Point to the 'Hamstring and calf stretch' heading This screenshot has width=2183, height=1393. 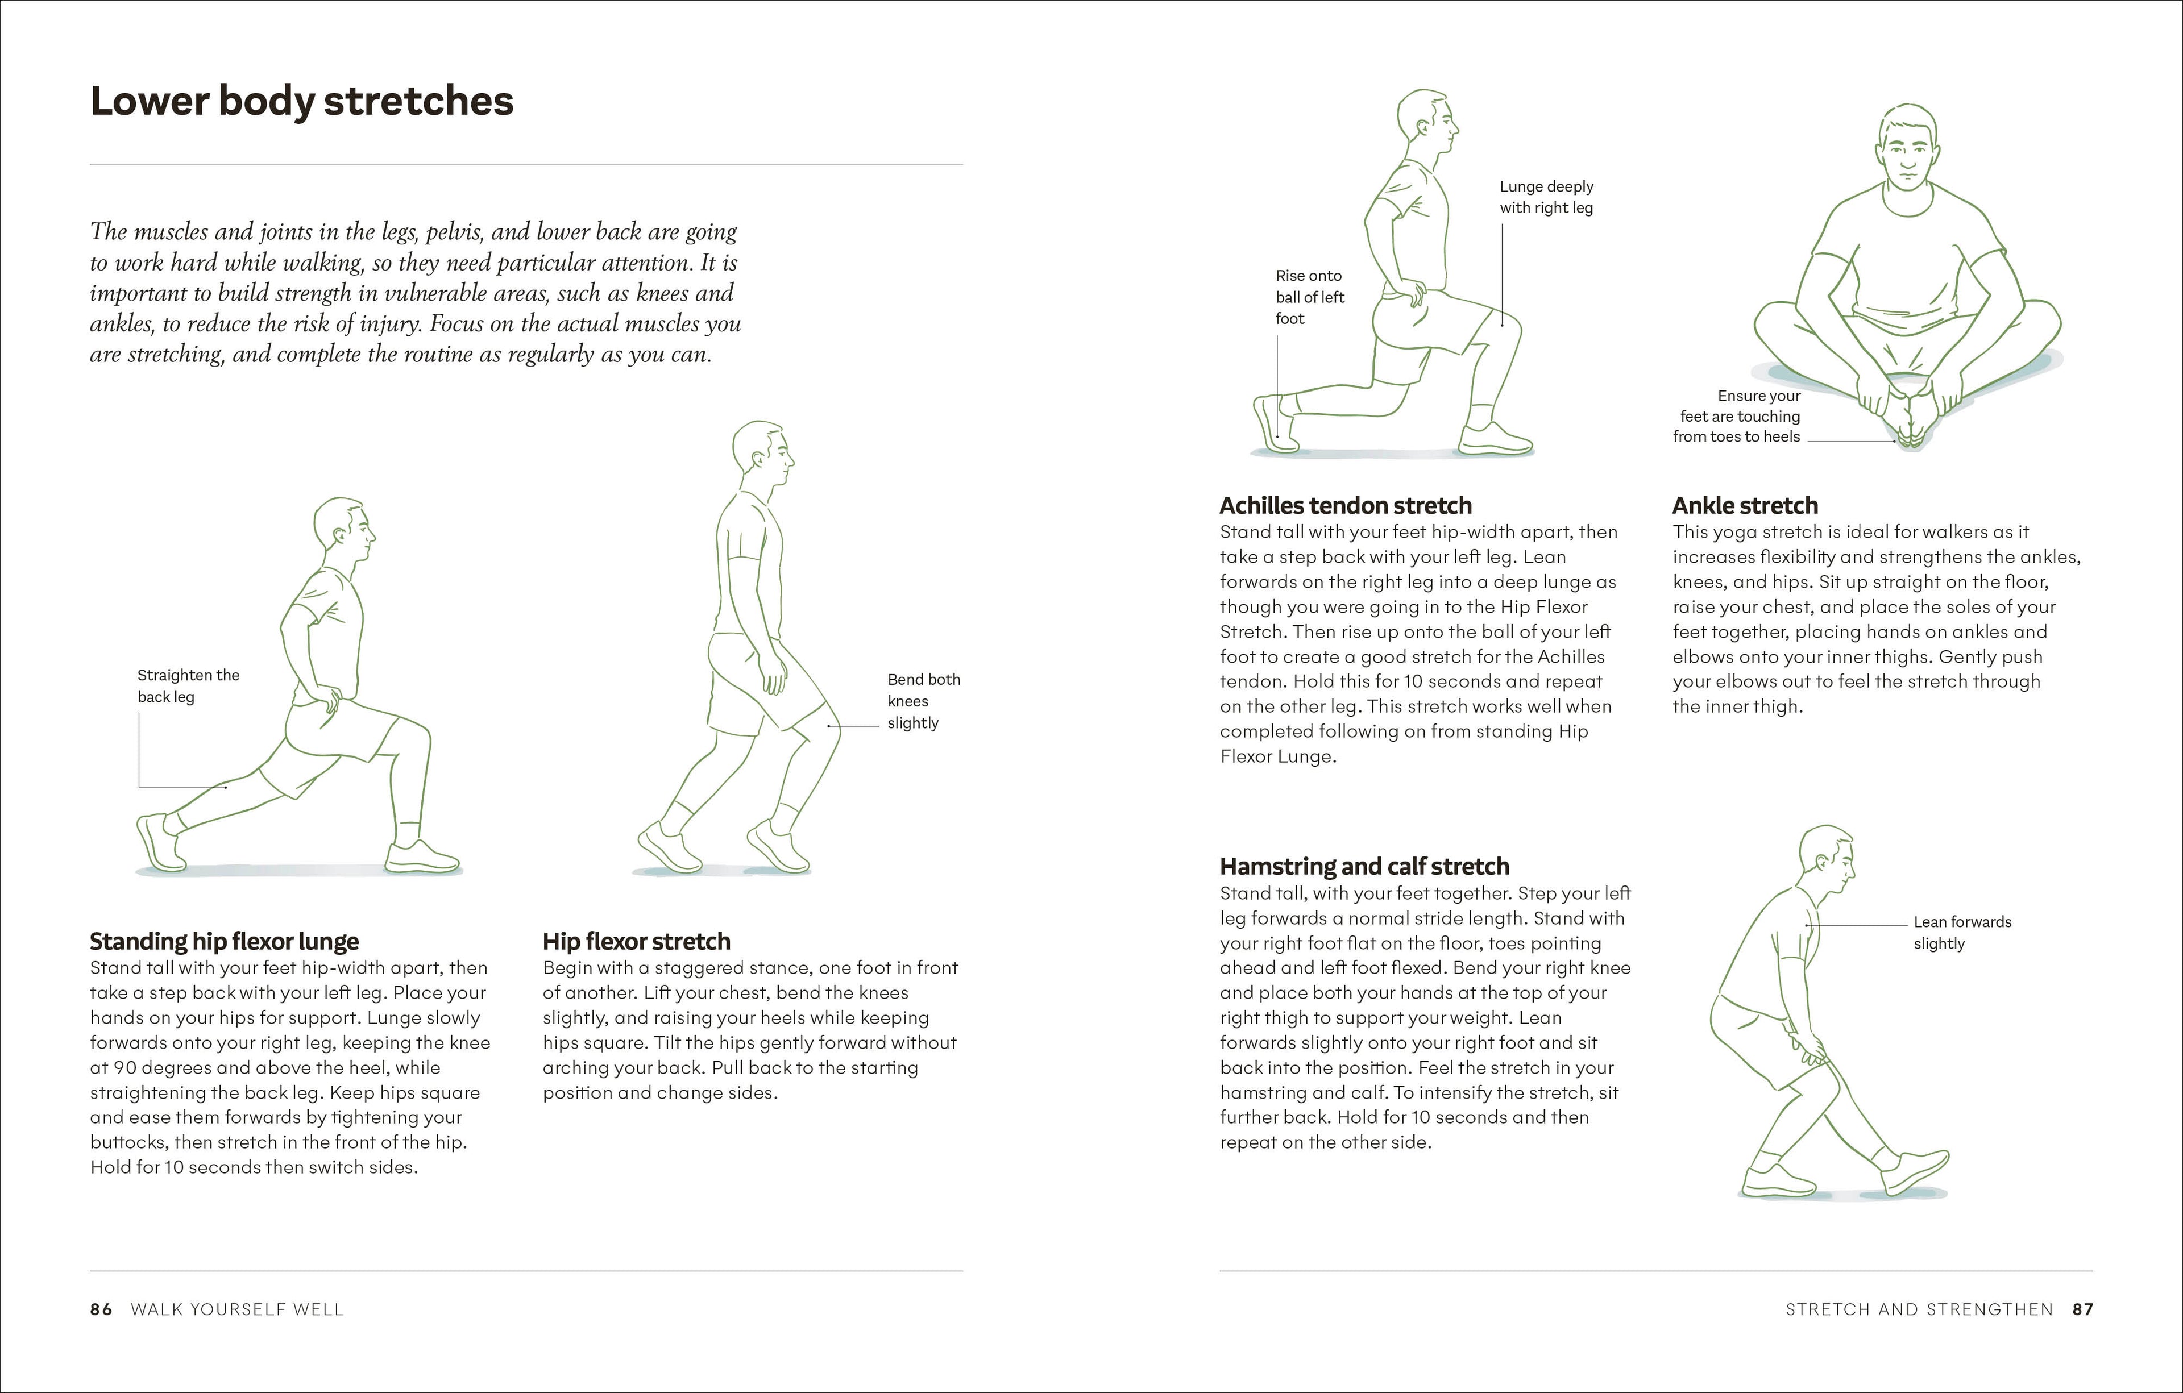tap(1364, 866)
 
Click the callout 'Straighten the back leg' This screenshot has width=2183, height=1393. tap(188, 686)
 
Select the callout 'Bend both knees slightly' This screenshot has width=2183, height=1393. tap(923, 701)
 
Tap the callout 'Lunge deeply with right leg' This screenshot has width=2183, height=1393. tap(1546, 197)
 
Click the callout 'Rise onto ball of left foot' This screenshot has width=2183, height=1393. tap(1309, 296)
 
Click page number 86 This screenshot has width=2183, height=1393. tap(101, 1309)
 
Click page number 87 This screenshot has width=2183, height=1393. tap(2082, 1309)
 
